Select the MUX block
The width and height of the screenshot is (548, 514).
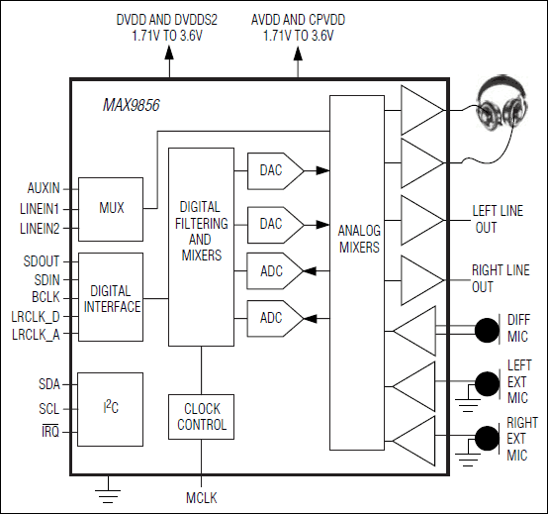point(111,209)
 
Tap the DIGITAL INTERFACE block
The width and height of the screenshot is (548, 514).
point(111,297)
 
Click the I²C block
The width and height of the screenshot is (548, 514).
point(111,407)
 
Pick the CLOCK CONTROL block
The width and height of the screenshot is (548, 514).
point(201,416)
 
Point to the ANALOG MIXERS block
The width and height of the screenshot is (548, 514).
point(358,238)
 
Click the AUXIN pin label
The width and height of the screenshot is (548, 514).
point(44,187)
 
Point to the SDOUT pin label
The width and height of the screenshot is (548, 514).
point(43,261)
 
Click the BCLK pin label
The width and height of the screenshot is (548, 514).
point(46,297)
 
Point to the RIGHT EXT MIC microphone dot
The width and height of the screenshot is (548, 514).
point(486,437)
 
